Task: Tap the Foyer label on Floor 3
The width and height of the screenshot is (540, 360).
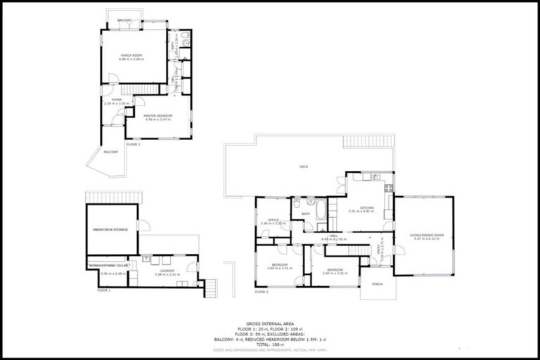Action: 117,100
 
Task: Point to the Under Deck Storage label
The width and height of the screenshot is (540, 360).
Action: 110,230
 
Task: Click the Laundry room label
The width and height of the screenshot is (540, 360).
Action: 167,270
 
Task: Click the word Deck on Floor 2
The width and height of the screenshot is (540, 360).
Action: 304,167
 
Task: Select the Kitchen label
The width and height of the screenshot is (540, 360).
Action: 368,208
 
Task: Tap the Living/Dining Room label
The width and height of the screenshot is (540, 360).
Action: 427,235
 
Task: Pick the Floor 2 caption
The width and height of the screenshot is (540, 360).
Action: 262,291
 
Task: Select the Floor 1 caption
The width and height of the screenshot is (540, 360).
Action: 104,290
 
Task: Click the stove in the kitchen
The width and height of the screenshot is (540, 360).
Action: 389,188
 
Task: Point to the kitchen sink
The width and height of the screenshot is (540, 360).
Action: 375,176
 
